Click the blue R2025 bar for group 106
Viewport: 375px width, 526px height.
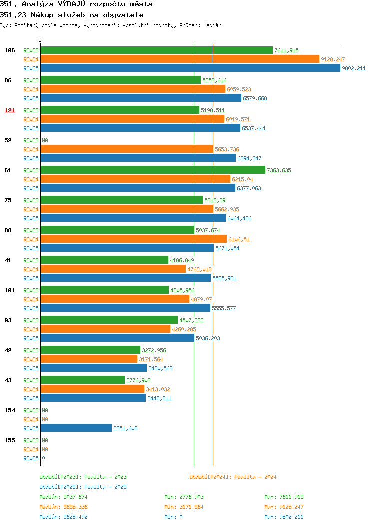190,68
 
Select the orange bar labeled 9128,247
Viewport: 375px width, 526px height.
180,59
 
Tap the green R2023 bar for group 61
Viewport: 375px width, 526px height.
153,170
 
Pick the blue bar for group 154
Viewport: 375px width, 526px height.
76,428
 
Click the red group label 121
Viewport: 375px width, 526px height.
9,110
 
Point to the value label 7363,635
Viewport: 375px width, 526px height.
279,170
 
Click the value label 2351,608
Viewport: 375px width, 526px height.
126,428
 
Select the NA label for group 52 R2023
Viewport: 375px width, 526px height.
45,140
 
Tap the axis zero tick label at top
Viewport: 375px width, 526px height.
40,40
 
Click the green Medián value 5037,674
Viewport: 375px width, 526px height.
76,497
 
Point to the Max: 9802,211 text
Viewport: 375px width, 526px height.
284,517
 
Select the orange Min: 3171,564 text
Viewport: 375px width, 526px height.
184,507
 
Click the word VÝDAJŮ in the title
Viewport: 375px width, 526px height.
72,4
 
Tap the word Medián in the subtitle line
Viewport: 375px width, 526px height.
212,25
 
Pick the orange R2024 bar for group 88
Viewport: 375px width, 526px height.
134,239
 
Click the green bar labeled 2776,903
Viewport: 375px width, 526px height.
83,380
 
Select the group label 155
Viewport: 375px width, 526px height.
9,440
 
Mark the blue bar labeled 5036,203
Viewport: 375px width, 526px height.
117,338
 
